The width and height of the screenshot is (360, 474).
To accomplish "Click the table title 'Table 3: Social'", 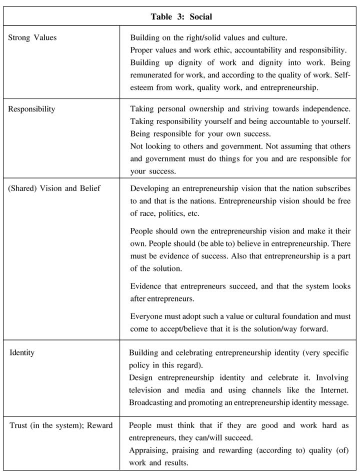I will pos(181,17).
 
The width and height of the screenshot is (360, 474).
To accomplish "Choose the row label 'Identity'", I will pos(22,353).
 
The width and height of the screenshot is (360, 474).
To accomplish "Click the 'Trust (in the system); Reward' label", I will pos(61,425).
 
